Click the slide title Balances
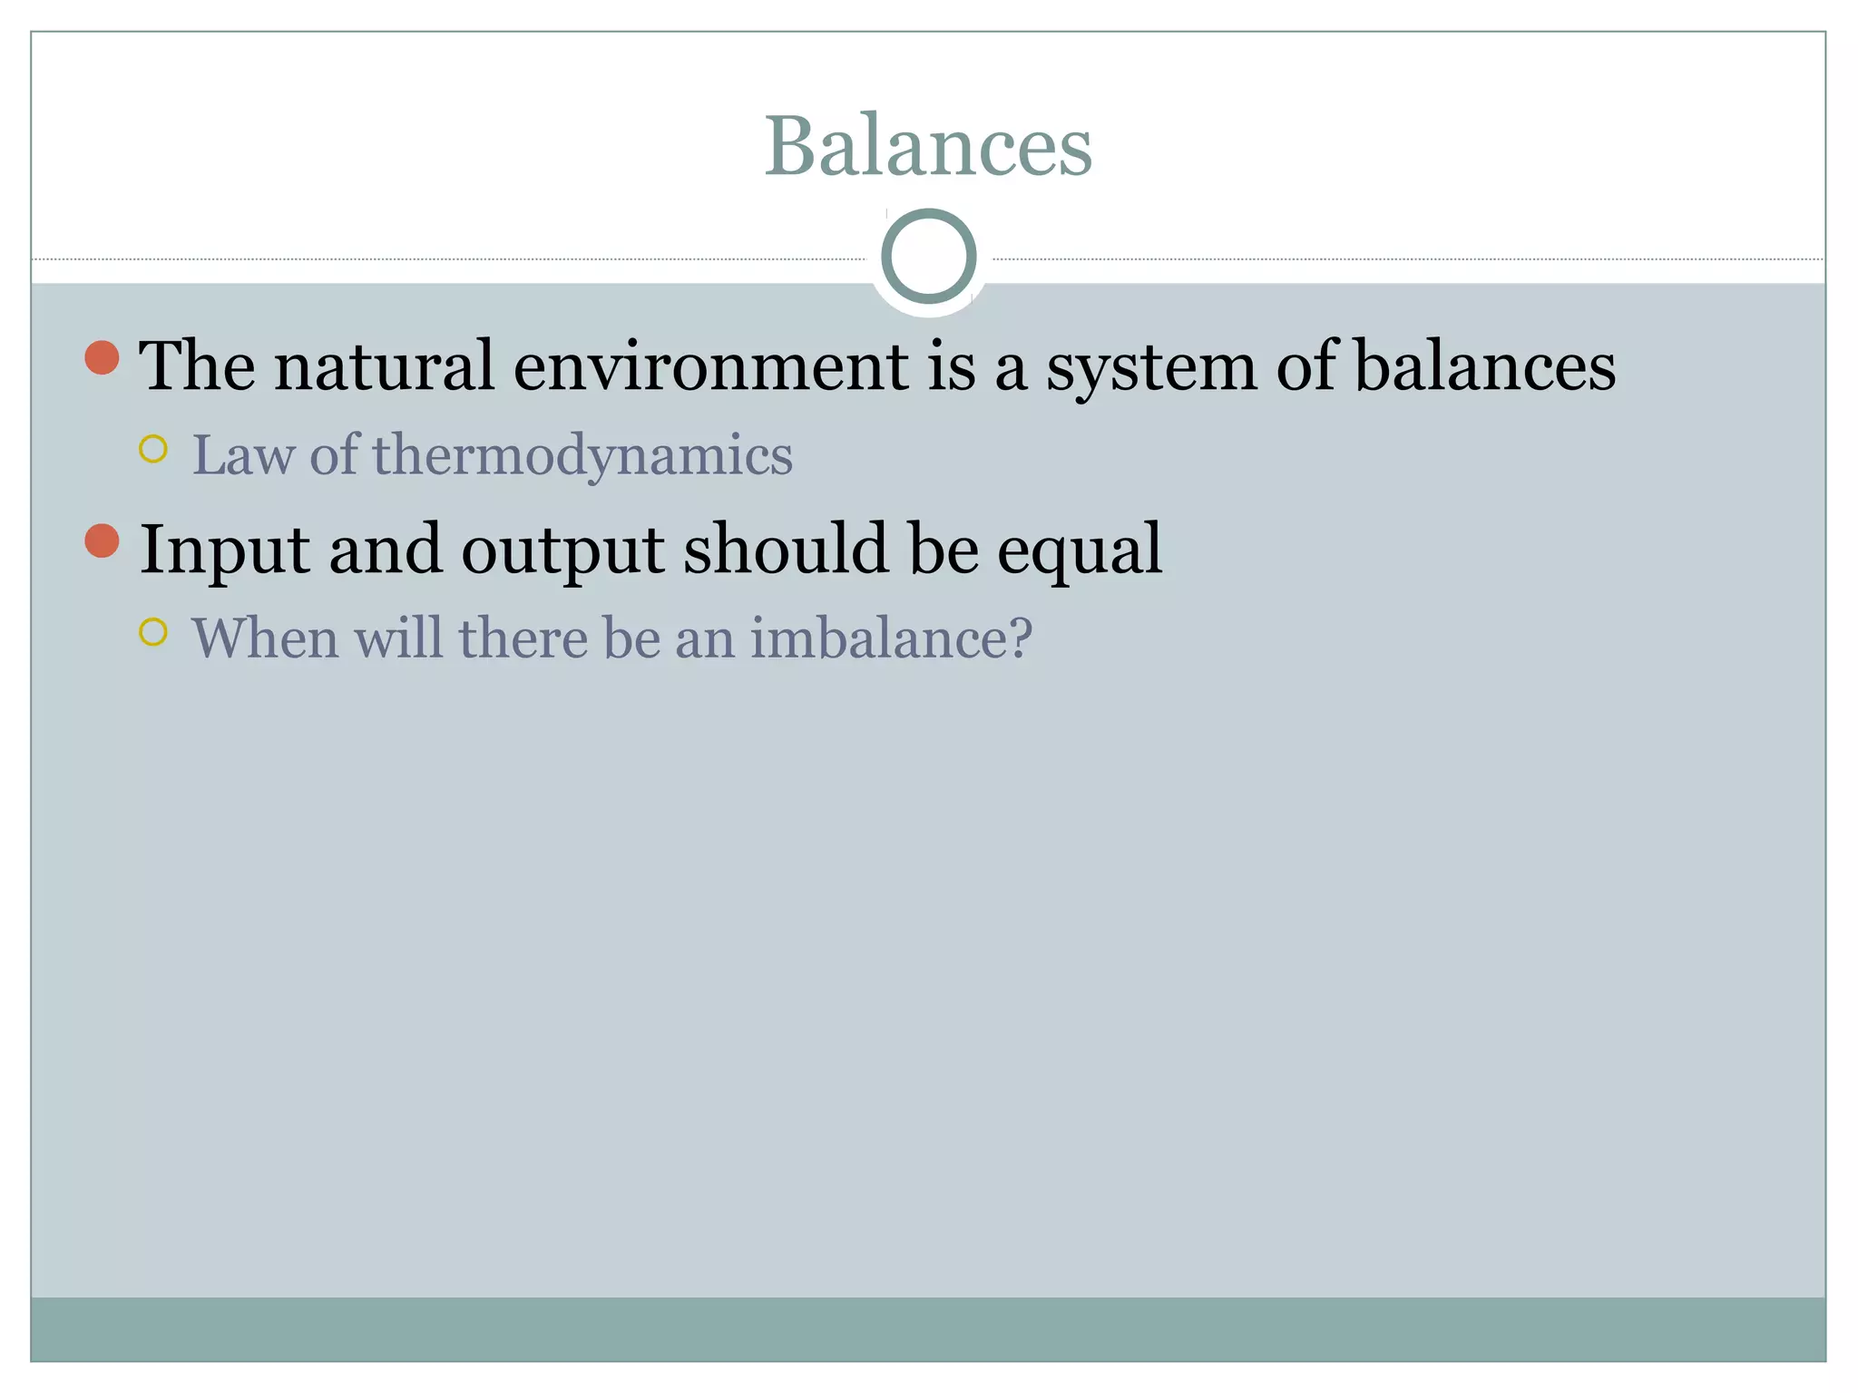pyautogui.click(x=928, y=146)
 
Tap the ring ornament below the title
pyautogui.click(x=928, y=257)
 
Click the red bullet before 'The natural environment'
pyautogui.click(x=102, y=357)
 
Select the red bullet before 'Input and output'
pyautogui.click(x=102, y=541)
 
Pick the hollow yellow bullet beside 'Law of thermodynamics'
pyautogui.click(x=153, y=449)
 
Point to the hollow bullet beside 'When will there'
pyautogui.click(x=153, y=632)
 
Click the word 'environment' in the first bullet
pyautogui.click(x=711, y=366)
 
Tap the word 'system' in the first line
pyautogui.click(x=1151, y=368)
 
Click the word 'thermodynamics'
pyautogui.click(x=582, y=455)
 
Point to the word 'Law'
pyautogui.click(x=243, y=455)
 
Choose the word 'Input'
pyautogui.click(x=224, y=550)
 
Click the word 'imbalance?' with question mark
pyautogui.click(x=891, y=638)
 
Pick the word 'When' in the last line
pyautogui.click(x=265, y=638)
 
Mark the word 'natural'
pyautogui.click(x=385, y=366)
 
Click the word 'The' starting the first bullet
pyautogui.click(x=197, y=366)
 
